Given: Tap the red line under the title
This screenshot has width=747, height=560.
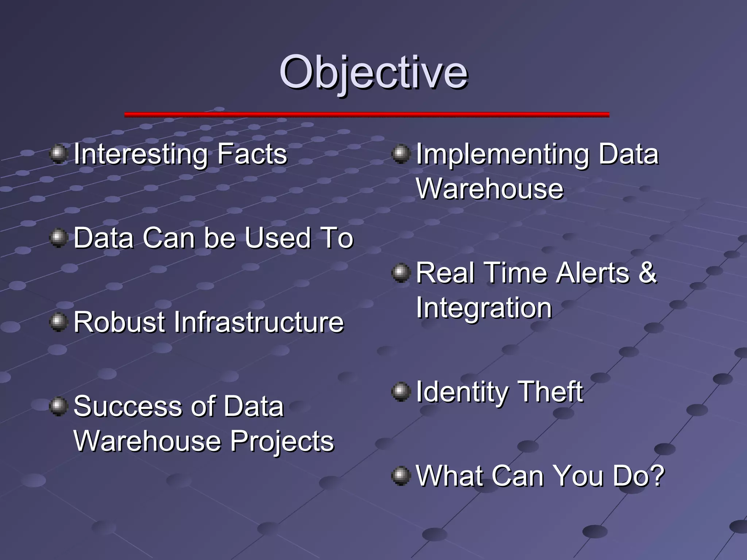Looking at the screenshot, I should [x=367, y=114].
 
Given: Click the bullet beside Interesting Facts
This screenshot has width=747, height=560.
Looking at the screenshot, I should [x=58, y=154].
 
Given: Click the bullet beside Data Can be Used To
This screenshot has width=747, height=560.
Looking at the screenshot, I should [x=58, y=238].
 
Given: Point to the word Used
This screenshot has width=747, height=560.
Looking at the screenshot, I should [x=278, y=238].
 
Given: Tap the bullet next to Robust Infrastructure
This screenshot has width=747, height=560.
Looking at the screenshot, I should [x=58, y=322].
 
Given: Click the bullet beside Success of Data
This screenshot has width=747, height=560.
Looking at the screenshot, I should [x=58, y=407].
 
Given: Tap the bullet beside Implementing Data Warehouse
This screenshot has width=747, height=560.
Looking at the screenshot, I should [x=401, y=154].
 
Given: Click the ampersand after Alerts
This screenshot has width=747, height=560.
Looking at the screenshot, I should [x=647, y=273].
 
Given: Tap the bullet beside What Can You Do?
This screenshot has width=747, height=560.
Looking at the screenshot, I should [x=401, y=476].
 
